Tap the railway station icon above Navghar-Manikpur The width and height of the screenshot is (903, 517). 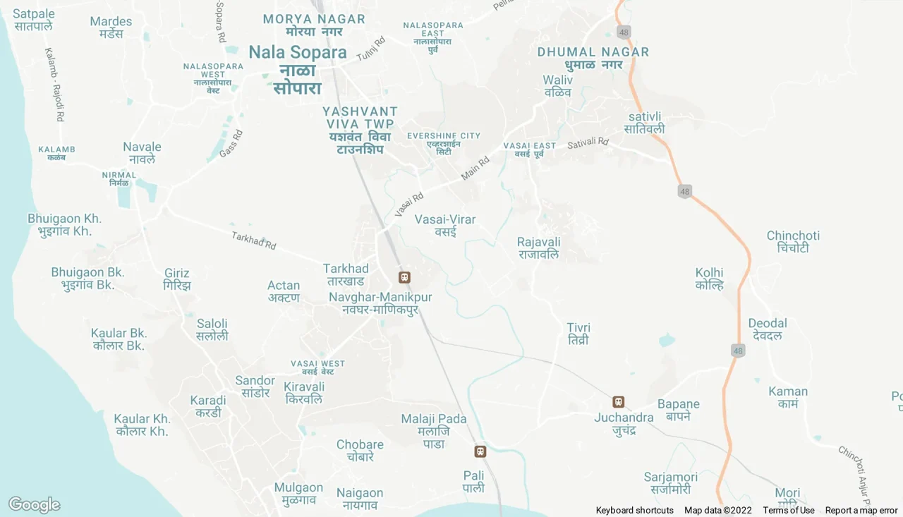(x=404, y=278)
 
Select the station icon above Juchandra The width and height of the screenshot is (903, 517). (x=619, y=402)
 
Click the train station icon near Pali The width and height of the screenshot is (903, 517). (x=480, y=451)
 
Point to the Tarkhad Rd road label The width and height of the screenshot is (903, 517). (x=254, y=241)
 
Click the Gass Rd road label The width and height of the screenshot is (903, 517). (x=231, y=143)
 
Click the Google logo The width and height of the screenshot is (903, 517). (x=34, y=505)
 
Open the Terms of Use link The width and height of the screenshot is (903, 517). (x=788, y=511)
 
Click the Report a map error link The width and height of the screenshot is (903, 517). (x=861, y=511)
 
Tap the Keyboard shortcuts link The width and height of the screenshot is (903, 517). (x=634, y=511)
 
